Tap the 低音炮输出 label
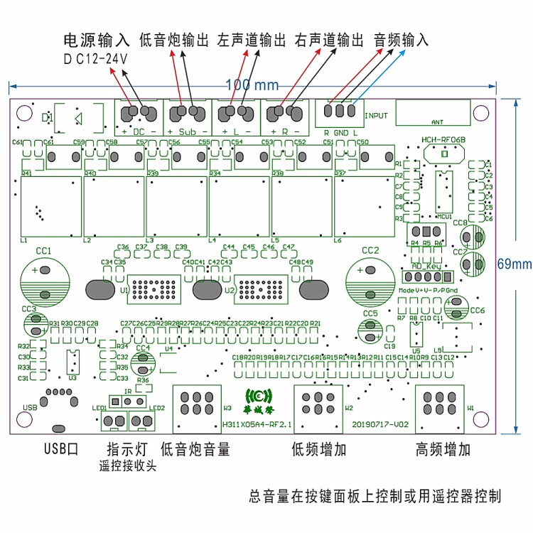175,40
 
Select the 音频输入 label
402,40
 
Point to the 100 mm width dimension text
252,85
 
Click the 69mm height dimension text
514,264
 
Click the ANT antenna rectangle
433,113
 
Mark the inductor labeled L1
51,207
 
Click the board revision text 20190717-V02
380,424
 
